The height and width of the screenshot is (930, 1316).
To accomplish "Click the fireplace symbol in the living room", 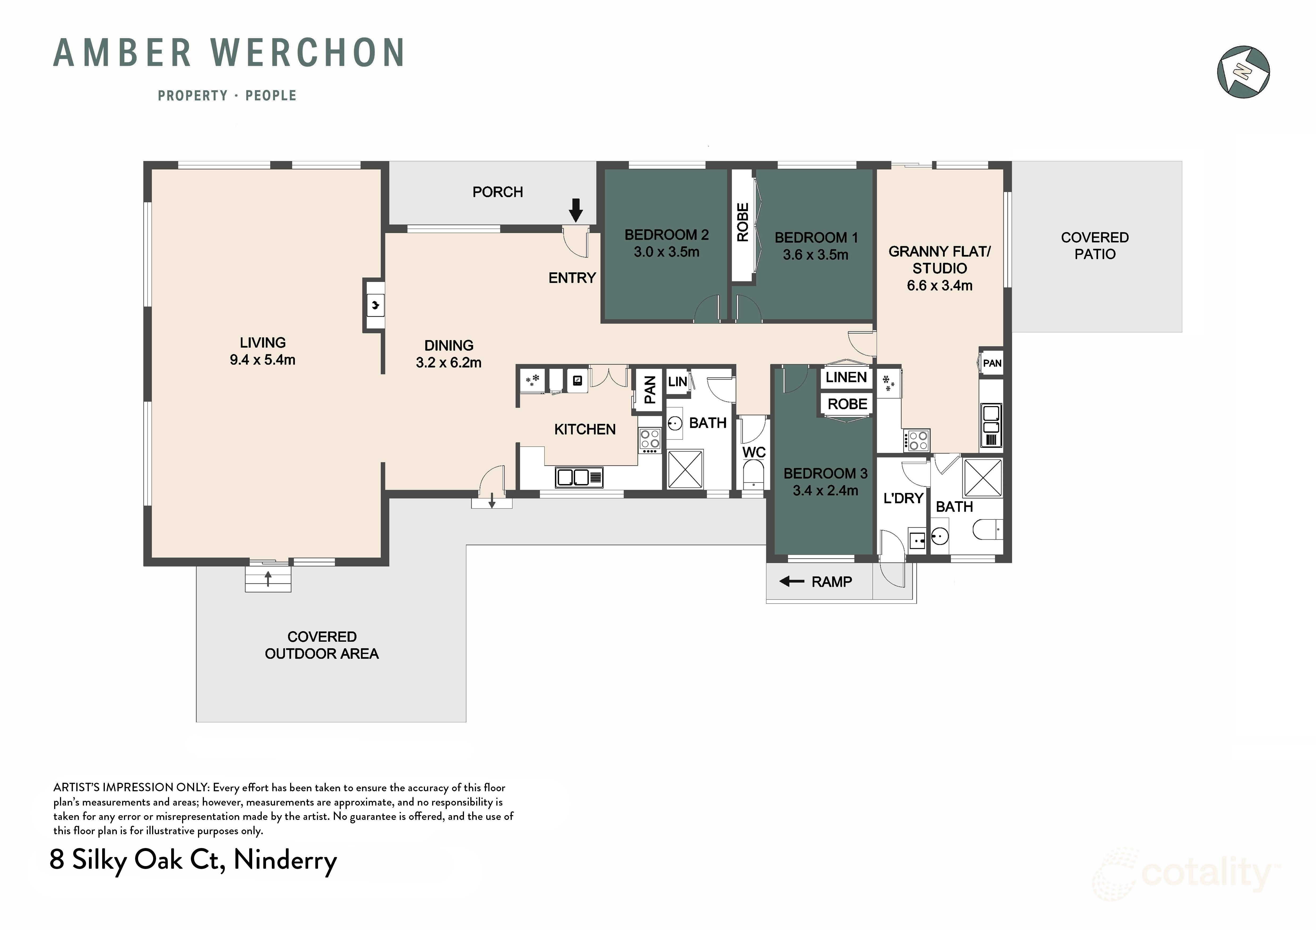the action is pos(375,305).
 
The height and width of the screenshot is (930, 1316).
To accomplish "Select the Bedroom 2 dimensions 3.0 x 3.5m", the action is pos(666,252).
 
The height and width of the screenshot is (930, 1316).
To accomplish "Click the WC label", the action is pos(754,453).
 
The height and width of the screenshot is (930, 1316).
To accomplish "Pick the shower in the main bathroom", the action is pos(686,469).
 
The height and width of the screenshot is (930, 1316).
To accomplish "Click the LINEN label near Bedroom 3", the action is pos(846,377).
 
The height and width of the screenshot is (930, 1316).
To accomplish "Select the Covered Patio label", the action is pos(1095,246).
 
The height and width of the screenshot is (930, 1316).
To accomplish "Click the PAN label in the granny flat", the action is pos(992,363).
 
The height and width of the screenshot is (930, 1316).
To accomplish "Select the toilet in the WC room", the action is pos(753,477).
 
